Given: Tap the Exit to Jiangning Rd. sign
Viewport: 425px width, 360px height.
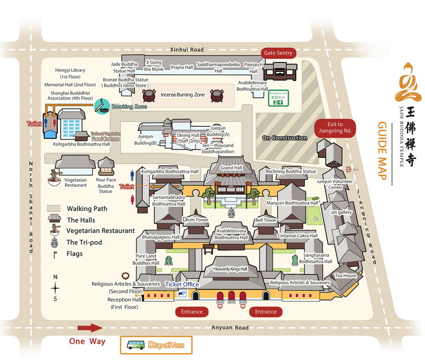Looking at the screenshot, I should tap(334, 127).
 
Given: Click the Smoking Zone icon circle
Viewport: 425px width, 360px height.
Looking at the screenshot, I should tap(103, 105).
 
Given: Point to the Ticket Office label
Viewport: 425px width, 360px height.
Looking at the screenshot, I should tap(182, 284).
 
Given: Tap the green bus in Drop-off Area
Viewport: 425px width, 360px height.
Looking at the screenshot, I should tap(135, 344).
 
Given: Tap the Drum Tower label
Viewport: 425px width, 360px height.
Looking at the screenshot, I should tap(195, 220).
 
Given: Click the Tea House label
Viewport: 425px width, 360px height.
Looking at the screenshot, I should tap(345, 276).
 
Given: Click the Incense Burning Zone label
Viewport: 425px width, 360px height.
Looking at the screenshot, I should tap(182, 95).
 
